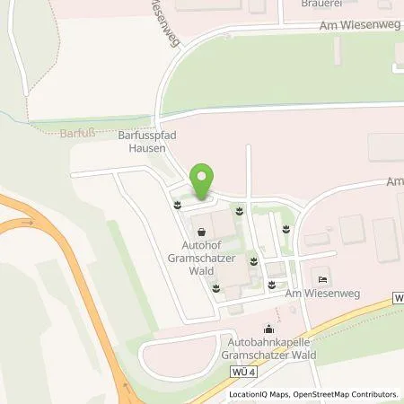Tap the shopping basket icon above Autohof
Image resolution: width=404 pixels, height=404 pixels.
(200, 230)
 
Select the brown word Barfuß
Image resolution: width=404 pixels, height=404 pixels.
(52, 132)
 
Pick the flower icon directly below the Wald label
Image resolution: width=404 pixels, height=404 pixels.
(215, 287)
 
